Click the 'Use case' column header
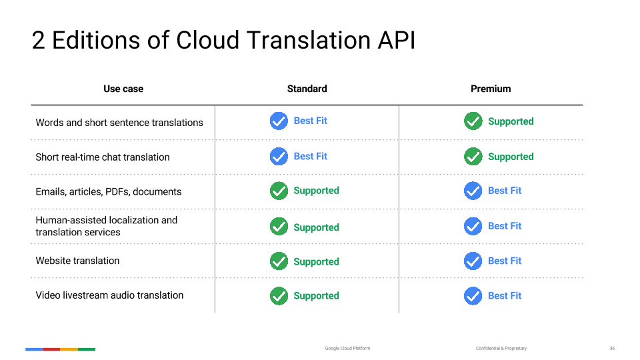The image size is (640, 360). [x=123, y=89]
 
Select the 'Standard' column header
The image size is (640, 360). [x=307, y=89]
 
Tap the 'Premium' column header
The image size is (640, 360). [x=491, y=89]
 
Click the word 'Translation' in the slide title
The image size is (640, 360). [x=309, y=41]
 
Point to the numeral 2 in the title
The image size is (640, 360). [x=38, y=41]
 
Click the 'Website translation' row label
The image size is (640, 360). [x=77, y=261]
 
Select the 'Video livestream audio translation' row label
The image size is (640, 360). [x=109, y=295]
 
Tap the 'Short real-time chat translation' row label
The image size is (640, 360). [x=103, y=157]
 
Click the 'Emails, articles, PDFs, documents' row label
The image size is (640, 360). [x=109, y=192]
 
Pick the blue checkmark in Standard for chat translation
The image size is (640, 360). [x=279, y=156]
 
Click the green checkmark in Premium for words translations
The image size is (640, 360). [x=473, y=121]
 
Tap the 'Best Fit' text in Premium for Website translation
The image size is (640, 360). [x=505, y=261]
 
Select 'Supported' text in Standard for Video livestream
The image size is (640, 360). [x=316, y=296]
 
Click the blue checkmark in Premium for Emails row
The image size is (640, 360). [x=473, y=191]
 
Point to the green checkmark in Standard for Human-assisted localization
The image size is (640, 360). [x=279, y=227]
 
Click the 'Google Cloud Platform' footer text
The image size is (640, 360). [x=348, y=349]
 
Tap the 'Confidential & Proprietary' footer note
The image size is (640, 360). [x=501, y=349]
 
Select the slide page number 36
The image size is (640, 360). [x=612, y=349]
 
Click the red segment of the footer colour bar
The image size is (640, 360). [x=52, y=349]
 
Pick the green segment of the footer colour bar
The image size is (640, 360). [x=87, y=349]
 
